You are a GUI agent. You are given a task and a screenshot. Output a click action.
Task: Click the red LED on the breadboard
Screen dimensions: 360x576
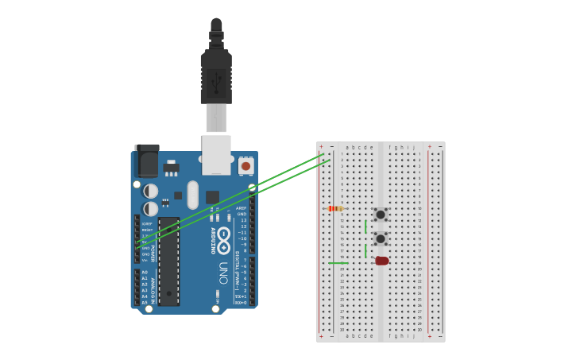pyautogui.click(x=382, y=261)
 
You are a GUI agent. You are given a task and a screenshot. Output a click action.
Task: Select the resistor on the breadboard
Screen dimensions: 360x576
pyautogui.click(x=335, y=208)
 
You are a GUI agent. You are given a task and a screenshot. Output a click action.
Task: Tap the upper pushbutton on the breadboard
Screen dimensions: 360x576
pyautogui.click(x=381, y=215)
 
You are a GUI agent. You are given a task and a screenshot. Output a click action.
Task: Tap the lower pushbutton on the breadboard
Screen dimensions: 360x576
pyautogui.click(x=381, y=238)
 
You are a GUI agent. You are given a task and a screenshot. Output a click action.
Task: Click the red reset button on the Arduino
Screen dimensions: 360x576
pyautogui.click(x=246, y=166)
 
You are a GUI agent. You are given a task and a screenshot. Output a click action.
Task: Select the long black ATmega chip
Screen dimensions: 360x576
pyautogui.click(x=168, y=261)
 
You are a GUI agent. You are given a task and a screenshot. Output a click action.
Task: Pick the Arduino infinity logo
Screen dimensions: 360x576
pyautogui.click(x=224, y=236)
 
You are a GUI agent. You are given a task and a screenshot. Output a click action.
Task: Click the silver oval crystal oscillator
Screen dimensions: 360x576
pyautogui.click(x=192, y=195)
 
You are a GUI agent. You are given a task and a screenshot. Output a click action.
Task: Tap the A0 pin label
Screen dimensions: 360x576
pyautogui.click(x=145, y=272)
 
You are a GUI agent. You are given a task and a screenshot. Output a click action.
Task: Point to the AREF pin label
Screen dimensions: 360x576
pyautogui.click(x=242, y=208)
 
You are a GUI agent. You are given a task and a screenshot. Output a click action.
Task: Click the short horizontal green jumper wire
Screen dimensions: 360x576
pyautogui.click(x=338, y=263)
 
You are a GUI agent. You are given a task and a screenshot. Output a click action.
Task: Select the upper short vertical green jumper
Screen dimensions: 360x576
pyautogui.click(x=365, y=226)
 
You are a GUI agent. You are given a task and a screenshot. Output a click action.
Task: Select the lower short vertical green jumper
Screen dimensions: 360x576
pyautogui.click(x=365, y=251)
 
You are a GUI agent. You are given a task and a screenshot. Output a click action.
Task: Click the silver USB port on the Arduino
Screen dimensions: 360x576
pyautogui.click(x=216, y=154)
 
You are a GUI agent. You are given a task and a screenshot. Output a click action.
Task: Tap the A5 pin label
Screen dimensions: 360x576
pyautogui.click(x=145, y=303)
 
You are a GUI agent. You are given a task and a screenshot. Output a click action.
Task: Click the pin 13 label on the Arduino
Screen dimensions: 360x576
pyautogui.click(x=242, y=220)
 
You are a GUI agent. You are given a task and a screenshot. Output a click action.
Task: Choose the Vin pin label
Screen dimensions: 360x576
pyautogui.click(x=145, y=260)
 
